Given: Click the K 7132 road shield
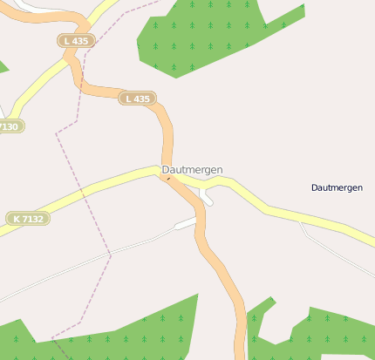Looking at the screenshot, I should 27,218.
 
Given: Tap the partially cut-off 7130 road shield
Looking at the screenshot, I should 10,126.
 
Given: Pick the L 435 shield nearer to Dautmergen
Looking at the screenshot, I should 138,98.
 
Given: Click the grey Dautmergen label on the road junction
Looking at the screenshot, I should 192,169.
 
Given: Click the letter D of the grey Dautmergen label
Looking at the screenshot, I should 166,169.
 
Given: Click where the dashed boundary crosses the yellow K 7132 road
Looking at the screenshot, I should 81,188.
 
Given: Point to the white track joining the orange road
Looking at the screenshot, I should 185,224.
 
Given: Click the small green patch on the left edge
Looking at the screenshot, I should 3,66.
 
